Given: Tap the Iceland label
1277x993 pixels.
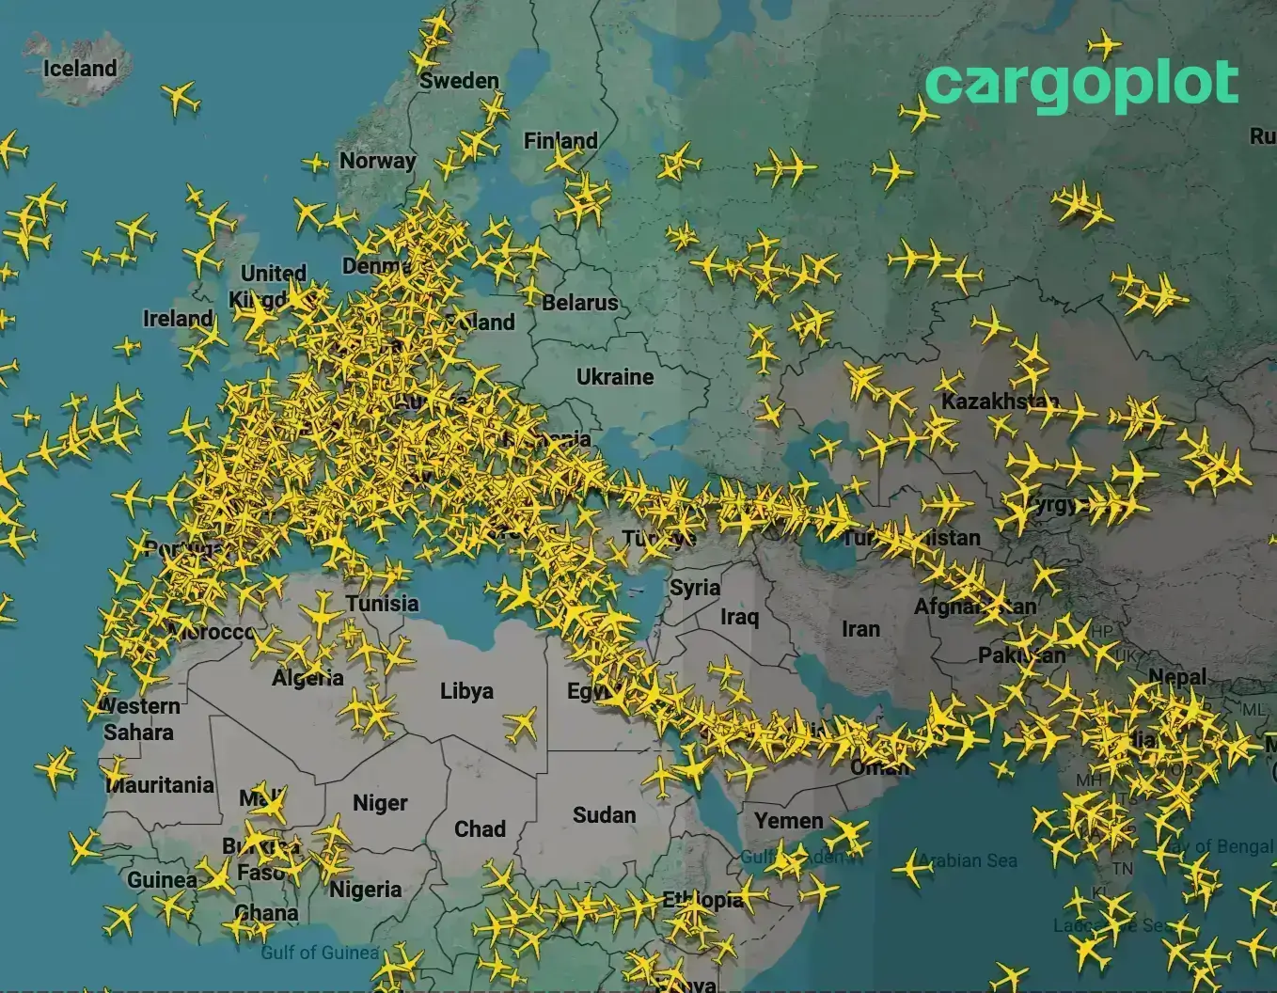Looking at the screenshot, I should (80, 69).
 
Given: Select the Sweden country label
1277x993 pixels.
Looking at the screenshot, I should (459, 81).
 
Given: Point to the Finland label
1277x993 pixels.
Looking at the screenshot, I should (560, 141).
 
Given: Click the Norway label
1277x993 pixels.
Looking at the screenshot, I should (377, 161).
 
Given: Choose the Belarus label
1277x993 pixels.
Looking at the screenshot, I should (580, 303).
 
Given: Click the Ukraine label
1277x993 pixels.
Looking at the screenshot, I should (615, 377).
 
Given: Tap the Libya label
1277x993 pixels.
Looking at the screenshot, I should (466, 691).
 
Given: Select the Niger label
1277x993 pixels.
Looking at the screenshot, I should (380, 803).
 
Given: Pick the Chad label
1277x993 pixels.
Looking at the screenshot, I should (480, 829).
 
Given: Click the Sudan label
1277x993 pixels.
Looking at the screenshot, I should (604, 815).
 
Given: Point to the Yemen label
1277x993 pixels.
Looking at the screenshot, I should (788, 821).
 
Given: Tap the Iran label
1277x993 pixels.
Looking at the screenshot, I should (860, 629).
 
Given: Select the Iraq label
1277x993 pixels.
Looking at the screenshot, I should (739, 617).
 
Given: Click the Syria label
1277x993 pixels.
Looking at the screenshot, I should (695, 588).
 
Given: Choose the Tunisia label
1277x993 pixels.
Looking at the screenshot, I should (382, 604).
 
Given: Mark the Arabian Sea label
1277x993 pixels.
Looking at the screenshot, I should (969, 860).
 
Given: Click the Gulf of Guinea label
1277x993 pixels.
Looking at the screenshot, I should (320, 953).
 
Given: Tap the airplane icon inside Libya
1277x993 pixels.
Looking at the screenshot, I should (520, 725).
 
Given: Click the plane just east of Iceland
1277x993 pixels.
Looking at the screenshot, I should (180, 96).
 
